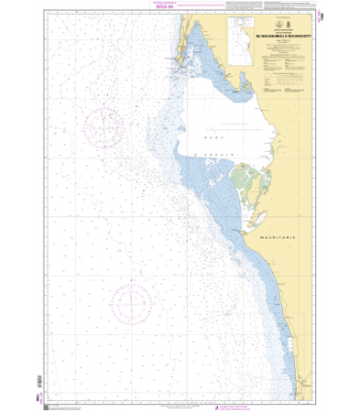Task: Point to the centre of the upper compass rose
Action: point(104,128)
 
